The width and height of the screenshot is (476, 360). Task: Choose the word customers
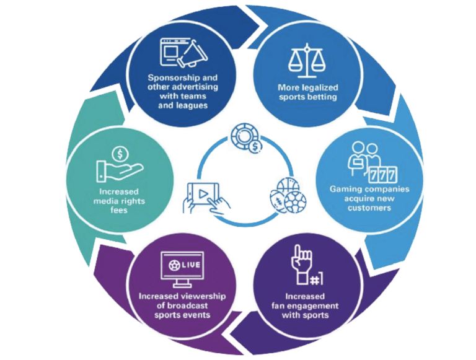[371, 209]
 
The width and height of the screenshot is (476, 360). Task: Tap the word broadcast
[195, 305]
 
